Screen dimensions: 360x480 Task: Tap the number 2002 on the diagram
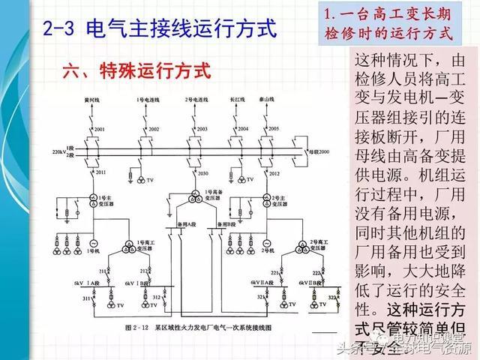154,130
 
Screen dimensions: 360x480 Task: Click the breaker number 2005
274,129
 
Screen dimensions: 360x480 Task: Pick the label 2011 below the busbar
100,172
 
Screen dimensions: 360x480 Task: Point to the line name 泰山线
268,99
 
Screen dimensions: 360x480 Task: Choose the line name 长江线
237,99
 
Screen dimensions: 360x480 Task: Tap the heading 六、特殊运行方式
136,72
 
